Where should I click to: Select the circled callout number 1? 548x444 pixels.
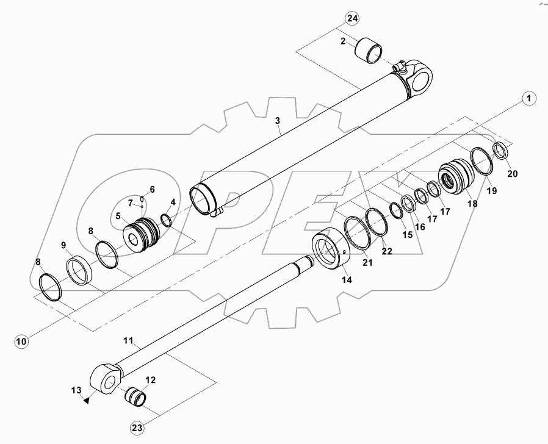tap(528, 98)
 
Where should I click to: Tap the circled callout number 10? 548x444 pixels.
tap(21, 342)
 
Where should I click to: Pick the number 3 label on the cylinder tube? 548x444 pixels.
tap(278, 121)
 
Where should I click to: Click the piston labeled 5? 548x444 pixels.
tap(141, 234)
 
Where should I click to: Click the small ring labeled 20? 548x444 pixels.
tap(500, 150)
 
